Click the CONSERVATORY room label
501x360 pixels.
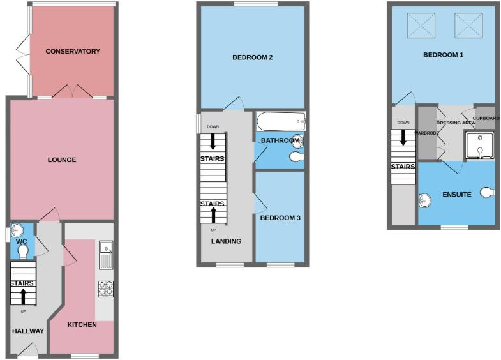click(x=73, y=51)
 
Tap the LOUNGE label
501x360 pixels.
click(x=61, y=160)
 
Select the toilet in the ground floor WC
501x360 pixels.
click(x=23, y=252)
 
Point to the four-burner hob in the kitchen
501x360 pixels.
click(x=105, y=289)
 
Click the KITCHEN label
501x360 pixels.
click(x=82, y=325)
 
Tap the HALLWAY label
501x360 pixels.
click(x=28, y=331)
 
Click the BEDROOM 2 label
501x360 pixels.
click(x=253, y=58)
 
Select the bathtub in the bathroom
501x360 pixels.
click(x=281, y=121)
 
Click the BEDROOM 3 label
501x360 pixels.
click(x=280, y=218)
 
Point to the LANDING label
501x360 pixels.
click(x=226, y=241)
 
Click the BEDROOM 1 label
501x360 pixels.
click(x=443, y=56)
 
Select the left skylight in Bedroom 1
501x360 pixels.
click(x=420, y=26)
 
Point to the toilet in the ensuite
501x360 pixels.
click(x=488, y=191)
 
